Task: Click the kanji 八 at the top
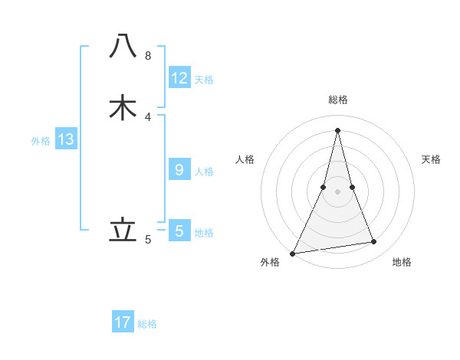(123, 47)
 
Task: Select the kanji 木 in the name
(123, 107)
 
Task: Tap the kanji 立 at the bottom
(123, 229)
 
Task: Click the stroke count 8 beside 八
(147, 56)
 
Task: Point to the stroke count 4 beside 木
(147, 116)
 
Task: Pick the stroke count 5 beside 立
(147, 239)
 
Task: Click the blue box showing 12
(179, 78)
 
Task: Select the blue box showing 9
(179, 170)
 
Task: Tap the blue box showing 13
(66, 139)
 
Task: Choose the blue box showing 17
(123, 322)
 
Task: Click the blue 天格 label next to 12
(204, 80)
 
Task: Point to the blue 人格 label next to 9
(204, 172)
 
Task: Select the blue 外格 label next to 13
(41, 141)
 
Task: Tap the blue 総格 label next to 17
(147, 324)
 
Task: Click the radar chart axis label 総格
(338, 100)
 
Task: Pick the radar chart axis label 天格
(432, 159)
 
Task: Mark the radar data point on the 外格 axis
(293, 253)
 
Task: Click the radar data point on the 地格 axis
(374, 242)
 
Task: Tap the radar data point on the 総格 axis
(338, 129)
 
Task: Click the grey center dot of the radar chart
(338, 191)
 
